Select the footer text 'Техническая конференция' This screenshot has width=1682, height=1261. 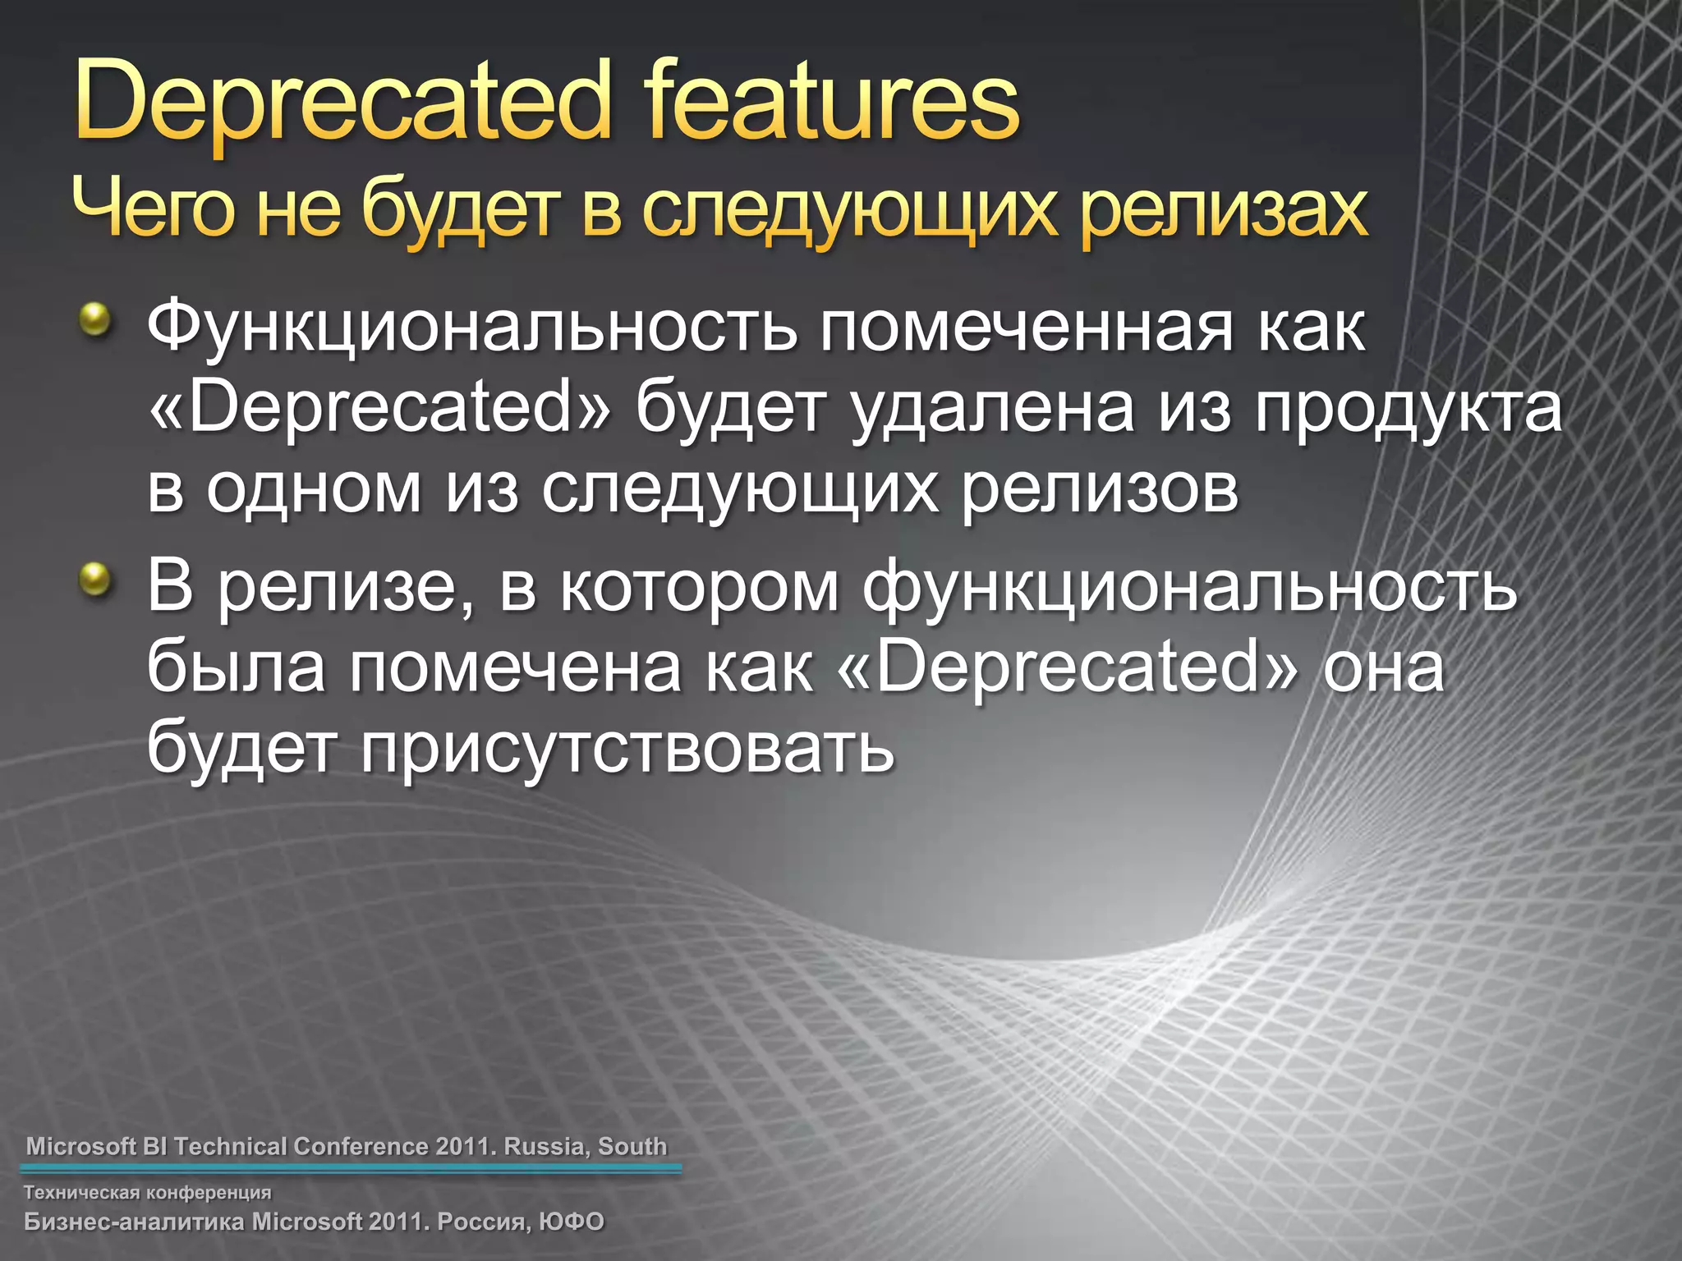(x=148, y=1192)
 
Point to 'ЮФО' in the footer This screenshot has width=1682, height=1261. (x=572, y=1222)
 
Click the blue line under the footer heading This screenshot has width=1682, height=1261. (x=351, y=1170)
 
